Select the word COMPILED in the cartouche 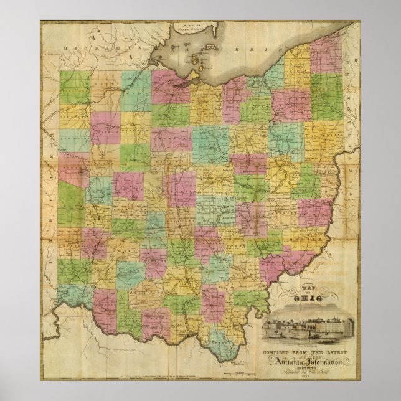click(276, 352)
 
